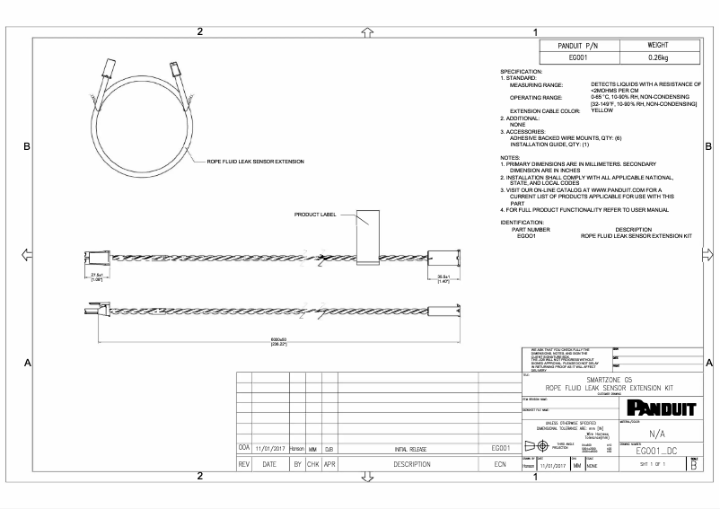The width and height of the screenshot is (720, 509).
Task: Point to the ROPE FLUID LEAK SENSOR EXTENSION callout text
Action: point(256,162)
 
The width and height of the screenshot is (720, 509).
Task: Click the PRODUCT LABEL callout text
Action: point(315,215)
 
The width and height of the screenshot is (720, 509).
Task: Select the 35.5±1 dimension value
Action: point(443,276)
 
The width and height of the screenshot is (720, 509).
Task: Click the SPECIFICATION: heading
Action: point(521,71)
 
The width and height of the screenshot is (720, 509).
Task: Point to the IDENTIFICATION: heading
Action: point(522,221)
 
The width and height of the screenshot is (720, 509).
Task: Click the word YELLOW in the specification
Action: point(602,110)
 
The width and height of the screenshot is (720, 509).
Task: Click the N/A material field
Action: point(655,432)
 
